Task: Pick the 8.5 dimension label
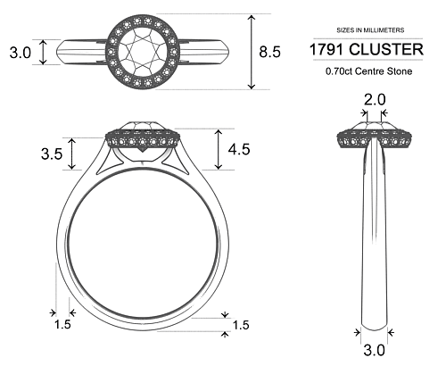tap(269, 52)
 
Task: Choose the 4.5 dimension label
tap(239, 149)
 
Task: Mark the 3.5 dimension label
tap(51, 154)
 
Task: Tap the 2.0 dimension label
tap(374, 99)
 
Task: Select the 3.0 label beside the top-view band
tap(20, 53)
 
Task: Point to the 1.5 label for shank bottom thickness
tap(241, 325)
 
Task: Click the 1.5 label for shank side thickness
tap(62, 325)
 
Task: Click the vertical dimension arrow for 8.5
tap(252, 52)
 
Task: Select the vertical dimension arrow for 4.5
tap(218, 149)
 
